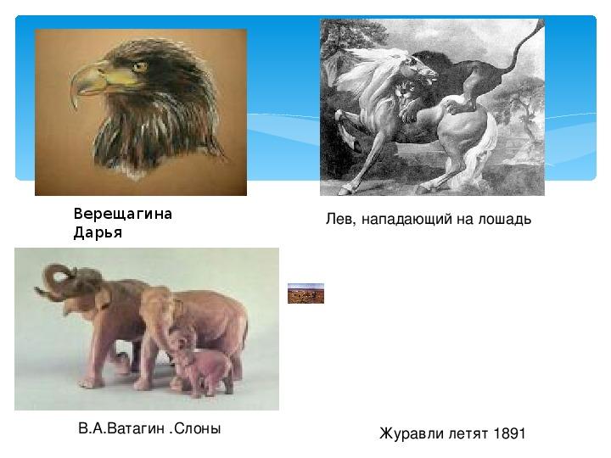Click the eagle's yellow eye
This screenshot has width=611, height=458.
[x=139, y=67]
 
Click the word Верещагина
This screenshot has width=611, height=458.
[x=123, y=214]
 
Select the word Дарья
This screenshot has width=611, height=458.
[x=98, y=232]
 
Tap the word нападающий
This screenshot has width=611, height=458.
[x=406, y=220]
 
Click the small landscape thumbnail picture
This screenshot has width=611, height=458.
[x=305, y=293]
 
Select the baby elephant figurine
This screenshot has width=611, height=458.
[x=199, y=361]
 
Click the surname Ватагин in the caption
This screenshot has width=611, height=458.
[x=135, y=428]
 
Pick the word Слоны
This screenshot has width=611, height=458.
[x=198, y=428]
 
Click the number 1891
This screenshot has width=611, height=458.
[x=509, y=433]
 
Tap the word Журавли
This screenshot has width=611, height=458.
[x=412, y=433]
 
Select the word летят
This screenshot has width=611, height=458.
[x=468, y=434]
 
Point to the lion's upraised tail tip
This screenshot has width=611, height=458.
[x=541, y=24]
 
